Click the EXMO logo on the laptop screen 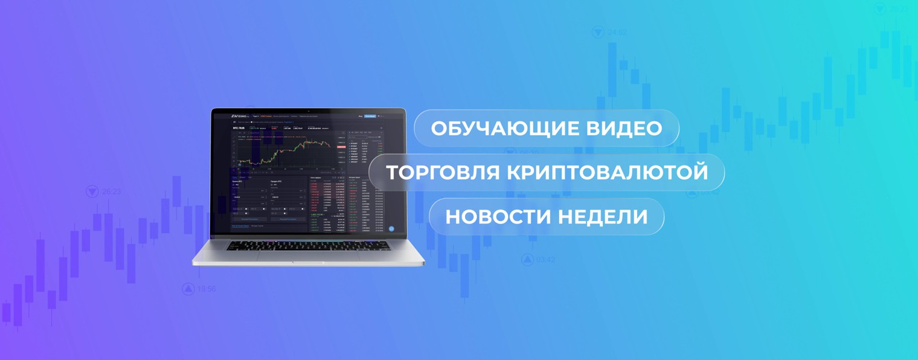tap(240, 115)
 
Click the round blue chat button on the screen tap(391, 229)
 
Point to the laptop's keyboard tap(308, 246)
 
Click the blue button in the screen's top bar tap(370, 115)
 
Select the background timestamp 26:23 tap(111, 191)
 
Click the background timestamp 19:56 tap(207, 289)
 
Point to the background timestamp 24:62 tap(617, 32)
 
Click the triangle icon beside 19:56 tap(188, 289)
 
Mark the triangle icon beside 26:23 tap(92, 191)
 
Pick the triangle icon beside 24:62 tap(599, 32)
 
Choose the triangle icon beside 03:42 tap(527, 260)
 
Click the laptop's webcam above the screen tap(309, 111)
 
